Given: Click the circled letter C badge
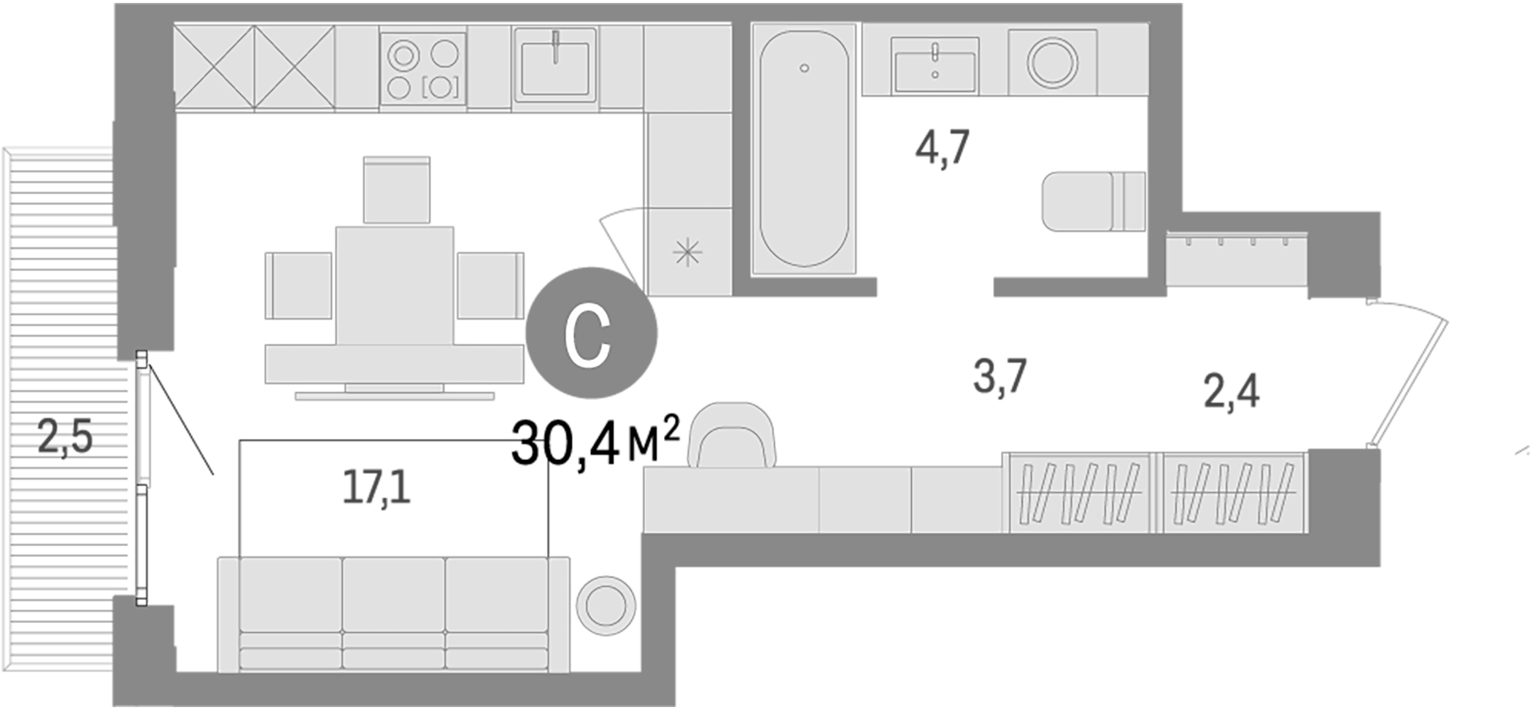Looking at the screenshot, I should (591, 332).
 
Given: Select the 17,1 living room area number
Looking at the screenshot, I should (376, 488).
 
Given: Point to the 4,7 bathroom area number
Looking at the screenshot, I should (943, 148).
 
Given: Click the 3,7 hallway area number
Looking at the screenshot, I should (999, 376).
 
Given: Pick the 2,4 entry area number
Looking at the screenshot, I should (1231, 391).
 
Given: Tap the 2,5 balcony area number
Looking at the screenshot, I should (65, 438).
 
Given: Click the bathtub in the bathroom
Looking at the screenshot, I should (803, 149).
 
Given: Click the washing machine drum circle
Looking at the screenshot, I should (1052, 62).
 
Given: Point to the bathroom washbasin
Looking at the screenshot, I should (935, 66).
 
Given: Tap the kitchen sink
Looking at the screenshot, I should (554, 66).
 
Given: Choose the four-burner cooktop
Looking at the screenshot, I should (423, 69).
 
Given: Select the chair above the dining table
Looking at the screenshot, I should (396, 190).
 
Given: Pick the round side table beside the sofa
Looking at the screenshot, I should (606, 605).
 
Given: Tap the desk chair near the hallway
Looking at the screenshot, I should (735, 436).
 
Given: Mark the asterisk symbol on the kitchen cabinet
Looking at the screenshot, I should (687, 253).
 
